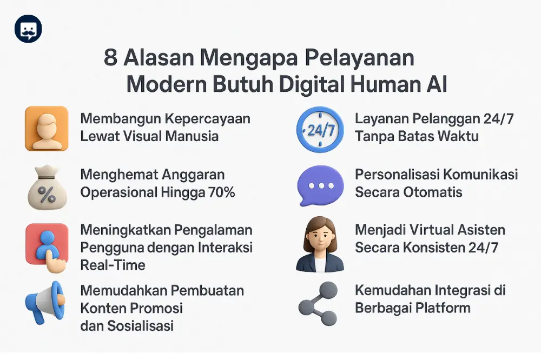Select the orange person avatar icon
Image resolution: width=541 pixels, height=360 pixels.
pyautogui.click(x=47, y=128)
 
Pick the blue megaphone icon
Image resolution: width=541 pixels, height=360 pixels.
pyautogui.click(x=45, y=303)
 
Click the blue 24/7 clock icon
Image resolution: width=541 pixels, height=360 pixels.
pyautogui.click(x=320, y=129)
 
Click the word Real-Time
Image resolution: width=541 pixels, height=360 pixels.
pyautogui.click(x=113, y=265)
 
